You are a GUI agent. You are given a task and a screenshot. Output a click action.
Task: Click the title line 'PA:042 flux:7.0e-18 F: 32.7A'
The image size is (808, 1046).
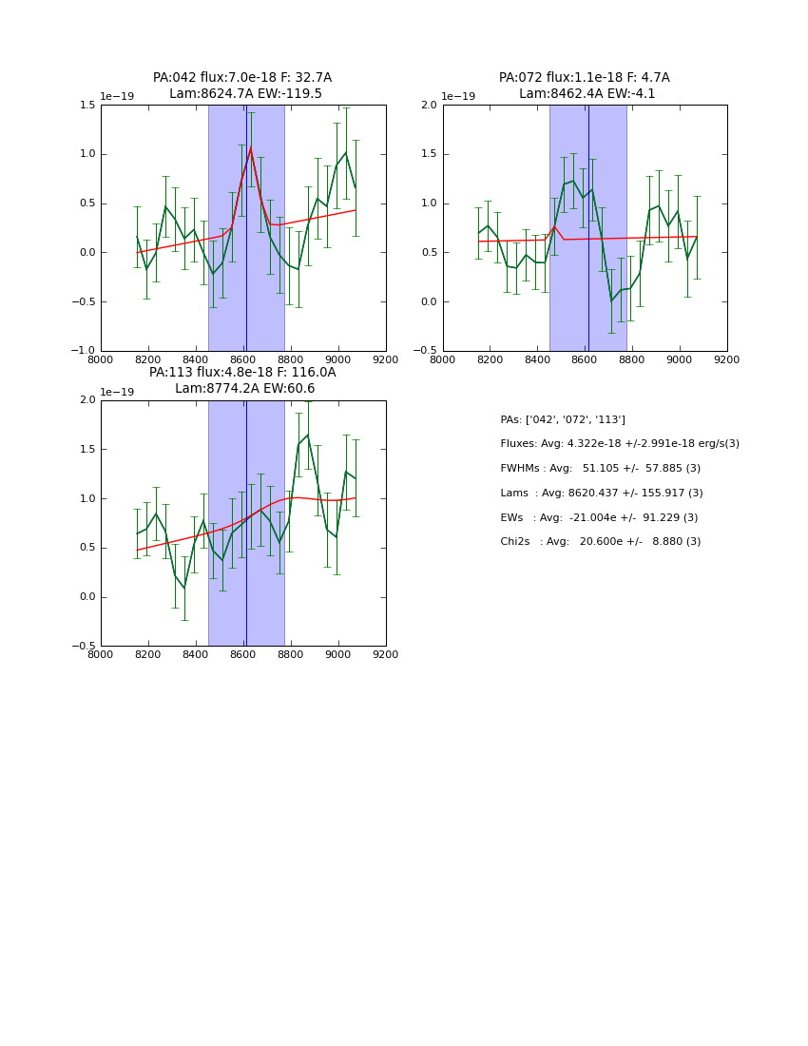(x=242, y=78)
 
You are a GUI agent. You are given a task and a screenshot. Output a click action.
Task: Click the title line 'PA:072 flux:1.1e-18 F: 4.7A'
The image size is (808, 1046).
(x=584, y=78)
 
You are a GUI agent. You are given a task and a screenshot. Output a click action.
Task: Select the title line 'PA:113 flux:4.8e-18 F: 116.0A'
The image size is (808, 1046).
(x=242, y=373)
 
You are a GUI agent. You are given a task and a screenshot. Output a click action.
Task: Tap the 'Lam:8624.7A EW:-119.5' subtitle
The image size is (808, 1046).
(x=245, y=94)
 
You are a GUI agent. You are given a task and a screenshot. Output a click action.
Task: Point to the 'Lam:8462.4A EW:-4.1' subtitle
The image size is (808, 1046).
(x=587, y=94)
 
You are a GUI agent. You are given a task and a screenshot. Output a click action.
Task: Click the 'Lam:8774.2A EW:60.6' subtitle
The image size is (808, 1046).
(x=244, y=389)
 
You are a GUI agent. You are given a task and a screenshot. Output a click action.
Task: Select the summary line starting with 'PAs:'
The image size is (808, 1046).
(x=563, y=419)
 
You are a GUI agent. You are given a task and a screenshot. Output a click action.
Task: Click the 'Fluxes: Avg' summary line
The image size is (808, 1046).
(x=620, y=444)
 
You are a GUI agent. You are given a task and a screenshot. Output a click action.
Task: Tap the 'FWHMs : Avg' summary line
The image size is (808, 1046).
(x=600, y=469)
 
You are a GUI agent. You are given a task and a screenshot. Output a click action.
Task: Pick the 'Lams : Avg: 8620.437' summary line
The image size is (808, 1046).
(x=602, y=493)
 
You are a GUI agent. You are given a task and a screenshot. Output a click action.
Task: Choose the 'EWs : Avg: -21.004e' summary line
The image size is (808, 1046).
(x=599, y=517)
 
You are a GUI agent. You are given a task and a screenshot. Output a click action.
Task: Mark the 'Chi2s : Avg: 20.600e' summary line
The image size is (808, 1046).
(x=601, y=542)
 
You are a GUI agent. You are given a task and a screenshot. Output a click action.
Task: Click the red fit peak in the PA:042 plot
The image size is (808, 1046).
(x=251, y=148)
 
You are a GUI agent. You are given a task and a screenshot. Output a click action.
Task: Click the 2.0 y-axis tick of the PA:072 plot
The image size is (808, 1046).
(x=428, y=105)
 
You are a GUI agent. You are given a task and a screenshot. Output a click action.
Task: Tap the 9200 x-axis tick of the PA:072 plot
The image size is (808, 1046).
(x=727, y=359)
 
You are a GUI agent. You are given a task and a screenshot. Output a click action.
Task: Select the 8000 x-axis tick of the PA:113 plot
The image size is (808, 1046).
(x=101, y=654)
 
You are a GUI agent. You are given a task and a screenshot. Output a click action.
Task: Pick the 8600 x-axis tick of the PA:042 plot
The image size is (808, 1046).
(x=243, y=359)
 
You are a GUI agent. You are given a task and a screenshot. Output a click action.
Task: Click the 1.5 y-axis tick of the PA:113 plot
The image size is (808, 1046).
(x=87, y=449)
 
